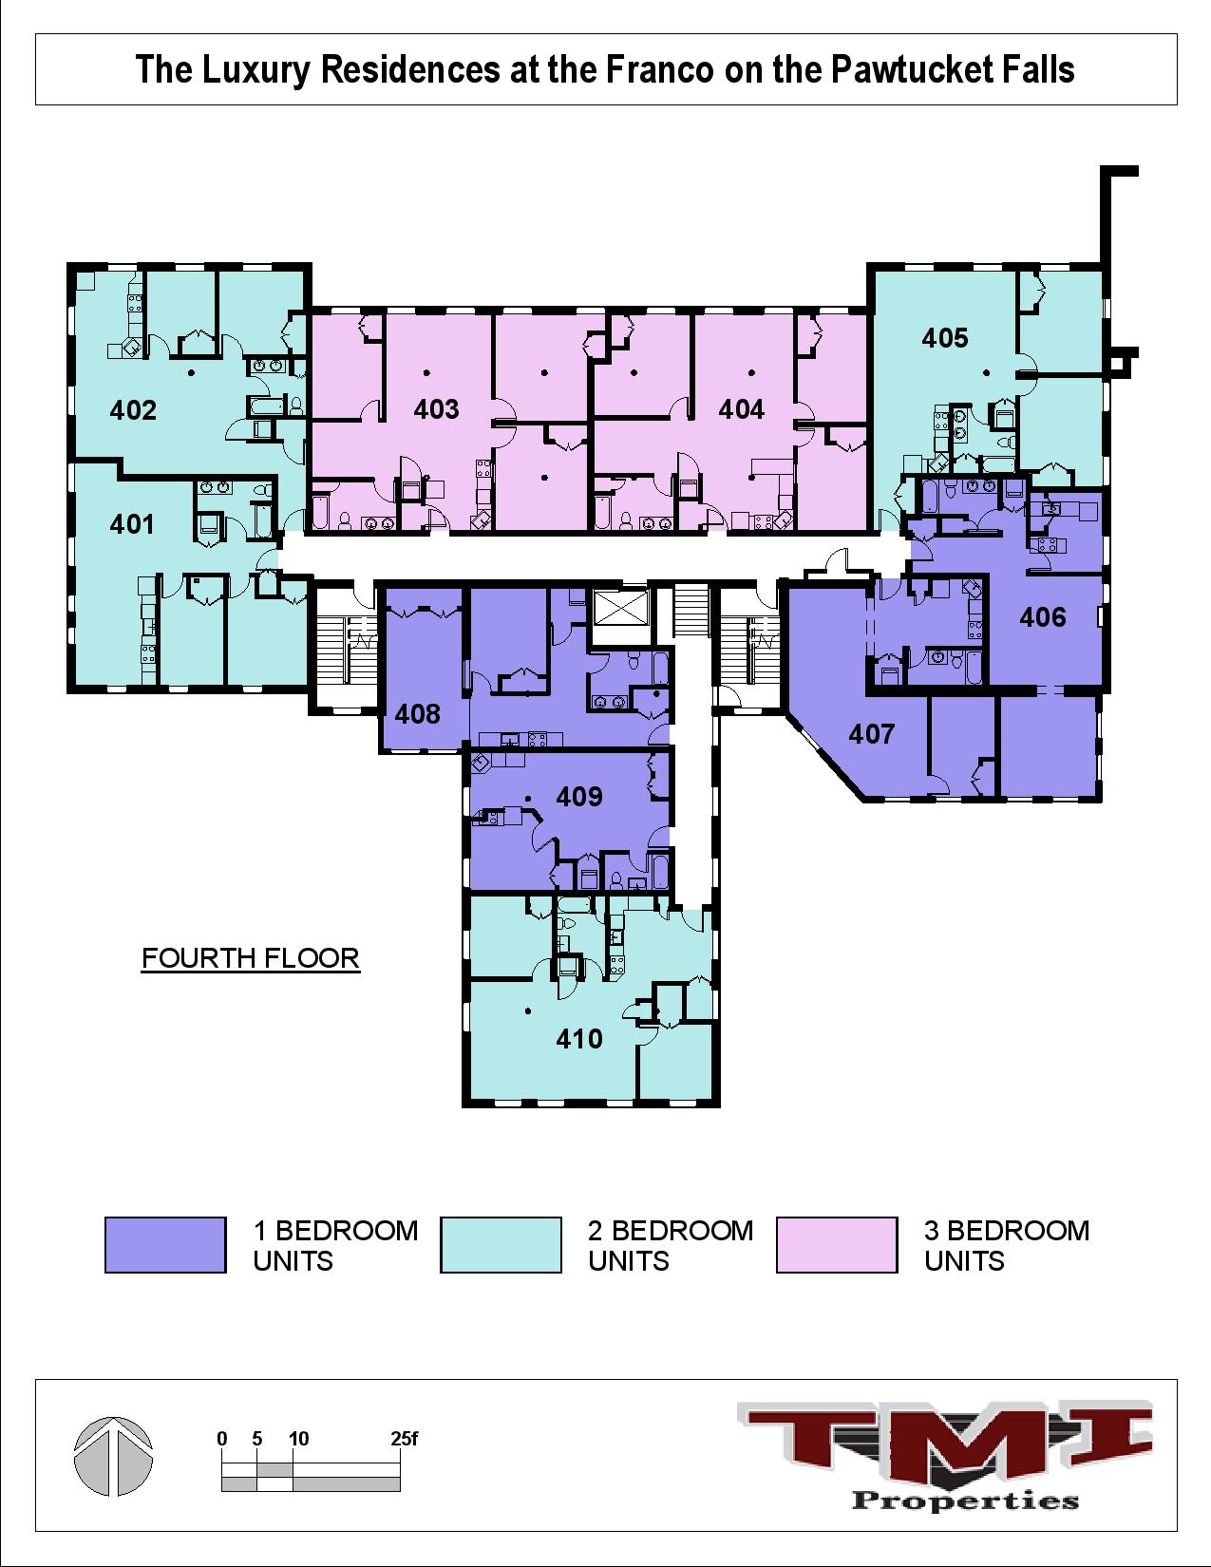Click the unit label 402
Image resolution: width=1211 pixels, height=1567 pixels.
pos(133,410)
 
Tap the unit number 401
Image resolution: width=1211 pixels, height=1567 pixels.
pos(132,524)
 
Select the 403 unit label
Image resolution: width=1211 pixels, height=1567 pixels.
pos(436,409)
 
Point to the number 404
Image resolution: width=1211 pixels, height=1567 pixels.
pos(741,409)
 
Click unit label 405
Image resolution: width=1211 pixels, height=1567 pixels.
pos(945,338)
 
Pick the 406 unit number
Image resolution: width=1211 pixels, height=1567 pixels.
pos(1043,617)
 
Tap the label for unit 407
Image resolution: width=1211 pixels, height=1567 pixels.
pos(872,733)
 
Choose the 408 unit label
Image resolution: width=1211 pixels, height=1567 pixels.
pos(418,713)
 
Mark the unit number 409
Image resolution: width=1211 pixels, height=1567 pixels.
pos(579,796)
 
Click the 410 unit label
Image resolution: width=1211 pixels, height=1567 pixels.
pos(579,1039)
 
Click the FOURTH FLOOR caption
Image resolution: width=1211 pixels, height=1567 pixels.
pos(251,958)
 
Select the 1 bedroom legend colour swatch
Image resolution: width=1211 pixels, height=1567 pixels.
pos(165,1245)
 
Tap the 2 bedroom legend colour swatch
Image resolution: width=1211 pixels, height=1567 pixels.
pos(501,1245)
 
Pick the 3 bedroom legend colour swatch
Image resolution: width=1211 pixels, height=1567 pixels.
pos(836,1245)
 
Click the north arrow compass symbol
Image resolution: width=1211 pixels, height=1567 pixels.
pos(113,1456)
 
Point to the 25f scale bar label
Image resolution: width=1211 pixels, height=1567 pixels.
pos(404,1439)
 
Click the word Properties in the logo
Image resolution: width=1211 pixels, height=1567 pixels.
pos(965,1501)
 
